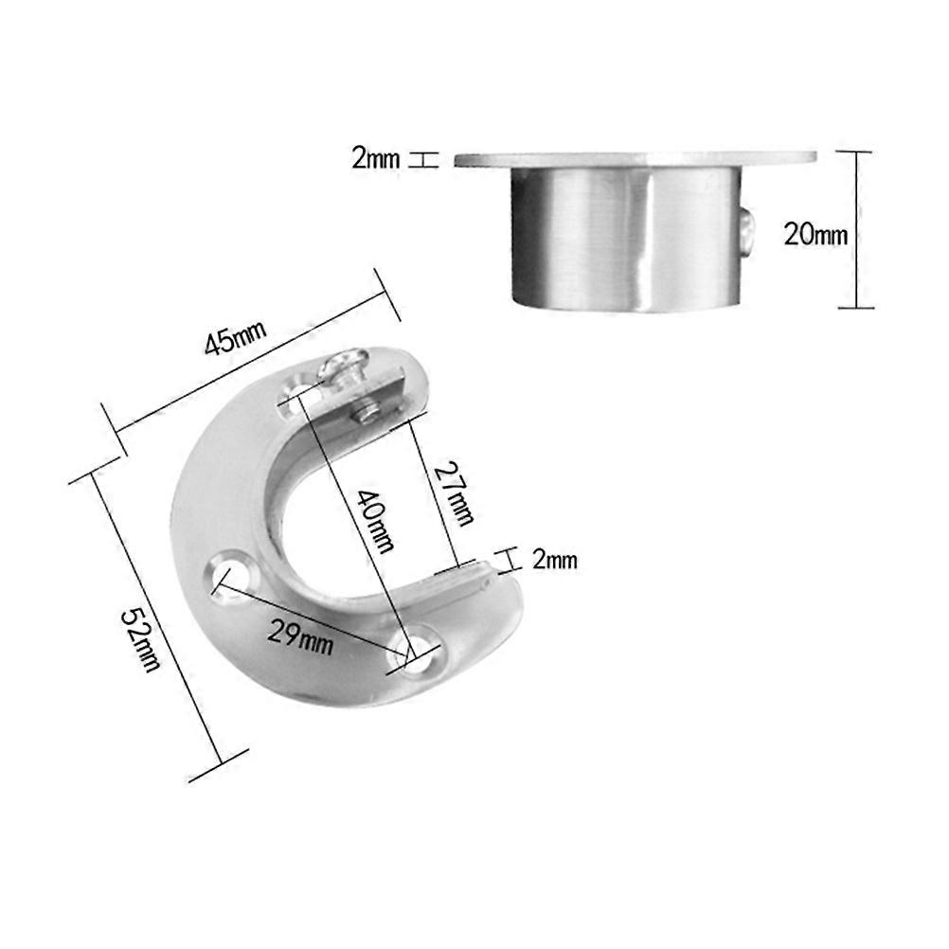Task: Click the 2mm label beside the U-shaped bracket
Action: point(554,561)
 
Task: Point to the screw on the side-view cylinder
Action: point(747,232)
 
